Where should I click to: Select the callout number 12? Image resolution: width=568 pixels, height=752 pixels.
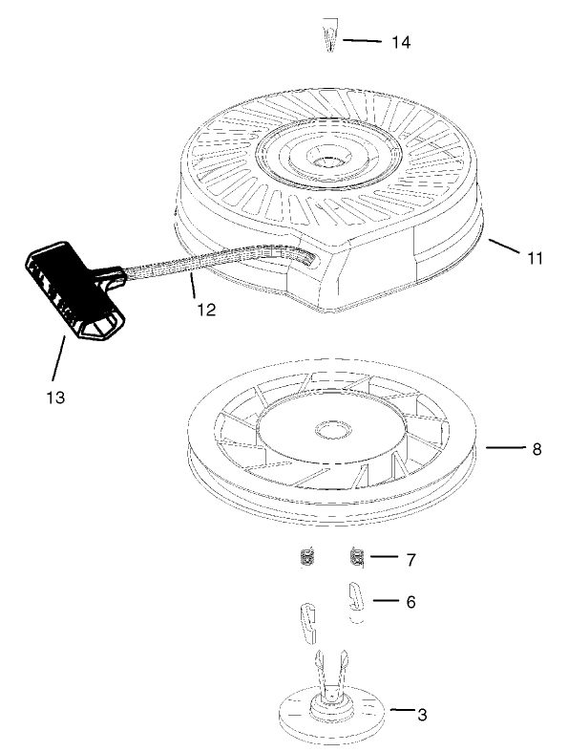[206, 309]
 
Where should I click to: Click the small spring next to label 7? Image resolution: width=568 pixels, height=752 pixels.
[358, 556]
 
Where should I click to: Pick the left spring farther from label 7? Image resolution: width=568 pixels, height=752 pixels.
[308, 556]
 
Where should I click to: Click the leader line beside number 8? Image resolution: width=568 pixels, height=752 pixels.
[504, 447]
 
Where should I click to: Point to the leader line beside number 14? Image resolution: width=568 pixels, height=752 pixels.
[364, 41]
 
